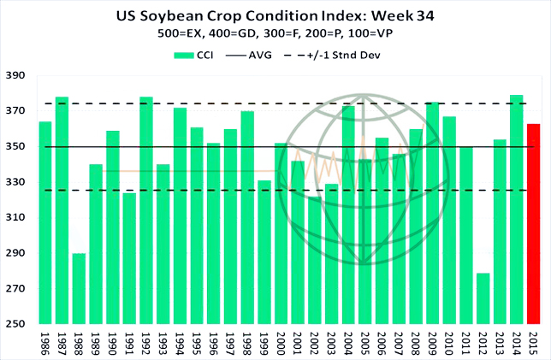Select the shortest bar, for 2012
pyautogui.click(x=483, y=298)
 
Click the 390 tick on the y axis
pyautogui.click(x=16, y=76)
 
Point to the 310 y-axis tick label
pyautogui.click(x=16, y=218)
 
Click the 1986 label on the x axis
pyautogui.click(x=45, y=342)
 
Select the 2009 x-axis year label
pyautogui.click(x=432, y=342)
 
